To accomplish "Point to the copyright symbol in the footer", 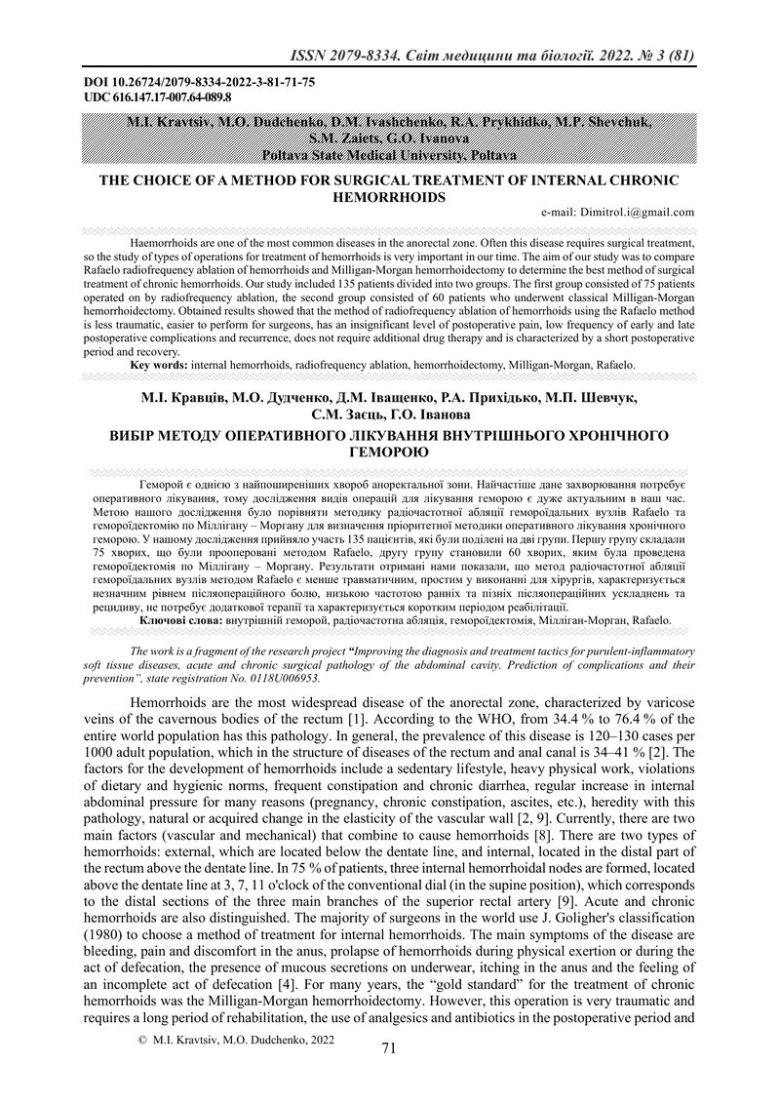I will coord(143,1041).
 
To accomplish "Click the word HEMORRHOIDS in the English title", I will coord(389,197).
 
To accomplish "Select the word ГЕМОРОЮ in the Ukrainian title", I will coord(389,453).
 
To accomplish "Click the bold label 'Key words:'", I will coord(160,364).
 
